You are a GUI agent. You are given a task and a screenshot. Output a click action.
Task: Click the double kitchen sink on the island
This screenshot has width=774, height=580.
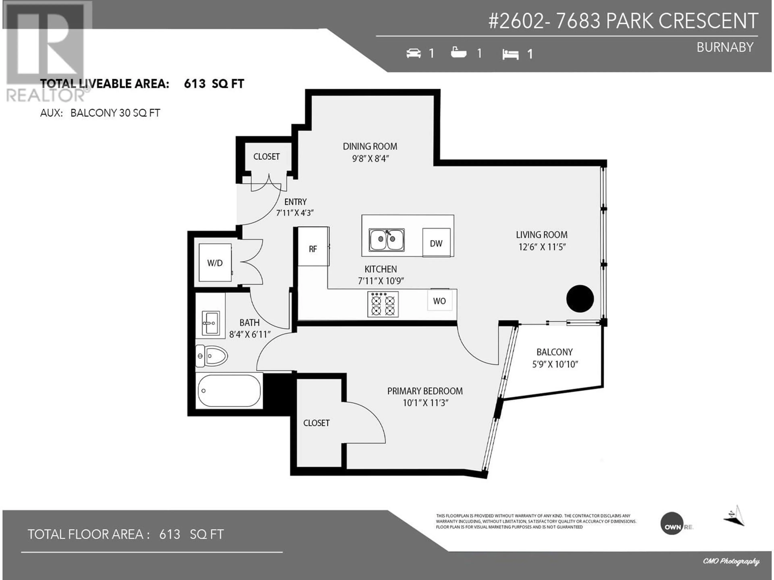[x=387, y=240]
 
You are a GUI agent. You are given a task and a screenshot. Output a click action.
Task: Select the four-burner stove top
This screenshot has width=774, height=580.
[x=383, y=304]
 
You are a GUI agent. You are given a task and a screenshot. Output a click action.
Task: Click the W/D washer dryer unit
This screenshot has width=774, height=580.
[x=215, y=263]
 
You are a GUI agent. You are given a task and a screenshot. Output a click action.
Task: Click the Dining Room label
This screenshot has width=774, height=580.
[x=370, y=146]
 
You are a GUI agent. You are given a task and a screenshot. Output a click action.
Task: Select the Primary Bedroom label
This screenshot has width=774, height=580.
[x=425, y=391]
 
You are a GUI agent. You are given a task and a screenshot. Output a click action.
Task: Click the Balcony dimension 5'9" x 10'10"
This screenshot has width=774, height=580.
[x=555, y=364]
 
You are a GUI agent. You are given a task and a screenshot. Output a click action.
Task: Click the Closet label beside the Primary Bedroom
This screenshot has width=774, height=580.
[x=316, y=423]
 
